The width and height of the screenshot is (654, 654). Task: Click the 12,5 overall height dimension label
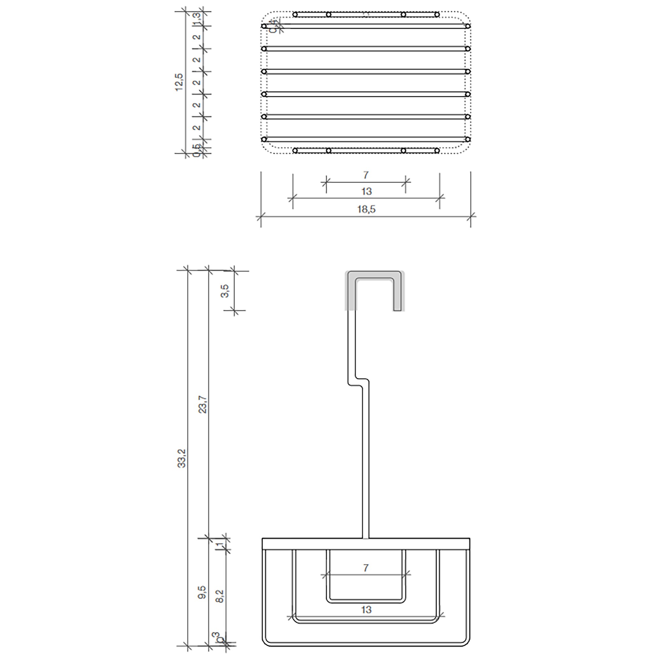click(179, 82)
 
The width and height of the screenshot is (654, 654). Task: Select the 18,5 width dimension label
click(366, 210)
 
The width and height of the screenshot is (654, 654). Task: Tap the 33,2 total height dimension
click(182, 458)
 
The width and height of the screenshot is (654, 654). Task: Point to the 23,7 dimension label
click(202, 404)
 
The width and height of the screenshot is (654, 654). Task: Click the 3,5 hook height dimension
click(225, 291)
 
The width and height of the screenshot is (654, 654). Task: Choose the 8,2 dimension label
click(220, 596)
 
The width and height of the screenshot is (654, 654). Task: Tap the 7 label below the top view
click(366, 175)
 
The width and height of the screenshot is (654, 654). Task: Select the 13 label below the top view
click(366, 192)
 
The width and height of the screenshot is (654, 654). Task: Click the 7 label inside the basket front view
click(366, 568)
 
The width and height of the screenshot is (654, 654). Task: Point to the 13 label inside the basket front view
click(366, 610)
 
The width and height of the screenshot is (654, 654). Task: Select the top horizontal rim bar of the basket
click(366, 544)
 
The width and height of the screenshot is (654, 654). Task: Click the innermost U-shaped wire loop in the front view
click(366, 600)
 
